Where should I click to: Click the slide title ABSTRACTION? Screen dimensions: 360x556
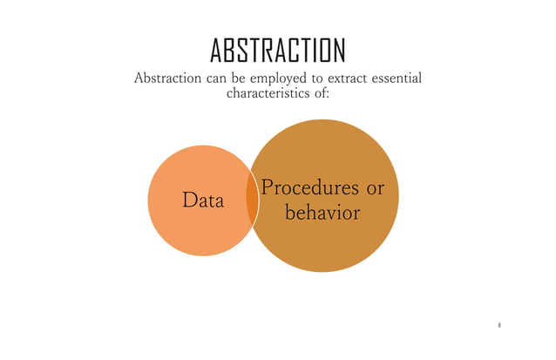coord(278,51)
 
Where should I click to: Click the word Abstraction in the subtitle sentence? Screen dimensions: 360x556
coord(168,79)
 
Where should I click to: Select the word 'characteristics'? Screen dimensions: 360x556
coord(262,93)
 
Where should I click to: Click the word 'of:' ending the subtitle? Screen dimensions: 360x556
coord(318,93)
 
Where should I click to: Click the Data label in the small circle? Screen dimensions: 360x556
coord(202,201)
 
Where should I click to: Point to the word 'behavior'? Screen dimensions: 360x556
coord(322,212)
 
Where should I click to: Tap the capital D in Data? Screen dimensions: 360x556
coord(188,201)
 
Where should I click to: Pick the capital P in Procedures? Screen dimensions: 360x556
coord(269,187)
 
